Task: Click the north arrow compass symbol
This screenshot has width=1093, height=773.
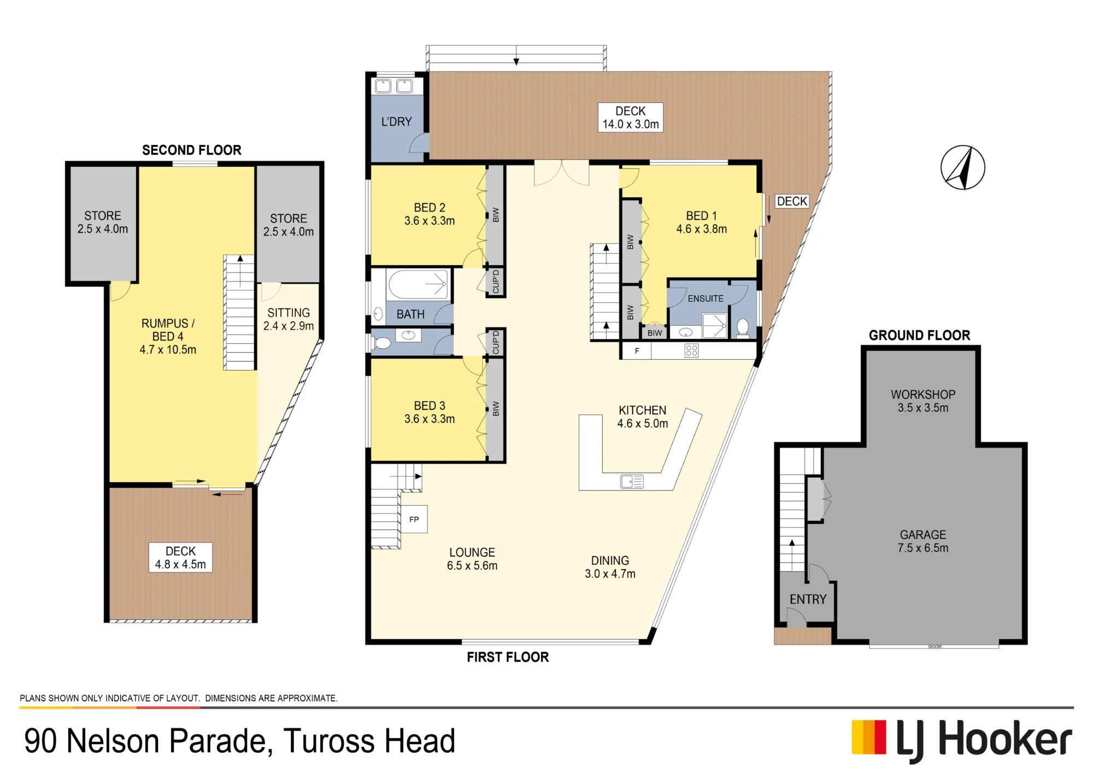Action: point(963,168)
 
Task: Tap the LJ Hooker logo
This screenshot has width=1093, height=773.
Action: point(962,741)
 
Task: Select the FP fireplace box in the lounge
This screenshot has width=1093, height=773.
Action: point(414,519)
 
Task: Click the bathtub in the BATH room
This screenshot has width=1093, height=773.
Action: point(418,284)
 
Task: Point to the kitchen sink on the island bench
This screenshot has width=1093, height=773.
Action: point(632,482)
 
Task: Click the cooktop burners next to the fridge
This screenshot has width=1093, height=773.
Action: point(691,351)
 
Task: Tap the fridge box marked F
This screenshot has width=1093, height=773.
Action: point(637,351)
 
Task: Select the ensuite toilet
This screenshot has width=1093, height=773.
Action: point(743,328)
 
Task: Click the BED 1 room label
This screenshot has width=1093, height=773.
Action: point(702,222)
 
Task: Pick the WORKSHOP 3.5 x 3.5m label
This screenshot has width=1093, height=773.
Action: point(923,401)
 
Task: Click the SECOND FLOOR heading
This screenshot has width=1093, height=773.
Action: point(192,150)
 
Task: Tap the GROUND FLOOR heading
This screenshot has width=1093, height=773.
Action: point(920,335)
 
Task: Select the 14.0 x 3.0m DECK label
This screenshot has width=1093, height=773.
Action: point(631,118)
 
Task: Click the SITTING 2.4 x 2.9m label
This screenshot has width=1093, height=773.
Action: point(289,319)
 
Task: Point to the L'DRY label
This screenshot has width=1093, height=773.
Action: point(397,121)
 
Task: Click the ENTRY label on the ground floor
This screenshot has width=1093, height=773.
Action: point(808,599)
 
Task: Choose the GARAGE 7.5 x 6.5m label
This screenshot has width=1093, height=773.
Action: point(923,541)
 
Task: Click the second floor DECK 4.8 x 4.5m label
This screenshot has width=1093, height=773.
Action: point(180,558)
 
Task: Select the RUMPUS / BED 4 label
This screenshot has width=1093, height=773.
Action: point(168,336)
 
